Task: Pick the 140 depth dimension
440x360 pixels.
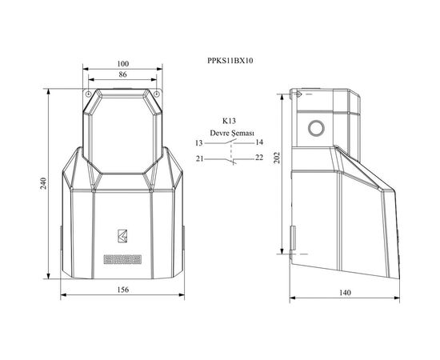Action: click(345, 293)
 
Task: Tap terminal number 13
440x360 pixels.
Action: click(198, 142)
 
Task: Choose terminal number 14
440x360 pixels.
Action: click(259, 142)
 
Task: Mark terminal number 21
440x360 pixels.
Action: click(198, 158)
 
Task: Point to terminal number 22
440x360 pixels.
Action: click(259, 158)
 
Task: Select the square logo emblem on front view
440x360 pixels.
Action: click(122, 235)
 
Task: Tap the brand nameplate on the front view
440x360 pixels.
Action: click(122, 258)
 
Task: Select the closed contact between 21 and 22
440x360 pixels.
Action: click(230, 159)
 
